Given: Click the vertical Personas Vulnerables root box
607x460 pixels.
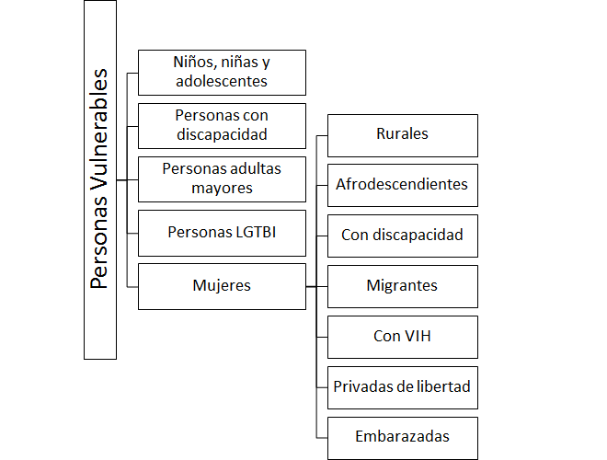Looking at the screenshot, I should pyautogui.click(x=100, y=179).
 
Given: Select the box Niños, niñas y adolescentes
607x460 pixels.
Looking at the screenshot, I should pyautogui.click(x=222, y=72).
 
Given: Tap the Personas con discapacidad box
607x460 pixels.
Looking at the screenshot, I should pyautogui.click(x=222, y=125).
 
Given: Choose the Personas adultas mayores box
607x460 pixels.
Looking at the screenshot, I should pyautogui.click(x=222, y=178).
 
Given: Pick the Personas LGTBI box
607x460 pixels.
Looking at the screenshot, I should pyautogui.click(x=222, y=232).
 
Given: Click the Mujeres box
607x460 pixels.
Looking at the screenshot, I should pyautogui.click(x=222, y=285).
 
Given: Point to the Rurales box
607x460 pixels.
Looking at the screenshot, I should pyautogui.click(x=402, y=134).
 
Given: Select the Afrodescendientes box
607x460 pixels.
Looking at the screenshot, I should pyautogui.click(x=402, y=184).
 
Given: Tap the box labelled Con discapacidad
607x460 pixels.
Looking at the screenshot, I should pyautogui.click(x=402, y=235).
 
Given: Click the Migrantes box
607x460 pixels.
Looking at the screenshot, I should pyautogui.click(x=402, y=285).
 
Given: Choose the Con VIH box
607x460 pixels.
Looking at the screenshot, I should pyautogui.click(x=402, y=336).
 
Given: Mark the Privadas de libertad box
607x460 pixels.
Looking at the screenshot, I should pyautogui.click(x=402, y=386).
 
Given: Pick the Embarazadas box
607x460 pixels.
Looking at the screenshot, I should pyautogui.click(x=402, y=436).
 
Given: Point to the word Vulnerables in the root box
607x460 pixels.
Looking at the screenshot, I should pyautogui.click(x=100, y=133).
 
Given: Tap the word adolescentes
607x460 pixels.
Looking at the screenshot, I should pyautogui.click(x=222, y=81).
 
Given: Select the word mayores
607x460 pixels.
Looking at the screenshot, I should pyautogui.click(x=222, y=189).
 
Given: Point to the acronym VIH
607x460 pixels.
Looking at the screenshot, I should pyautogui.click(x=417, y=336).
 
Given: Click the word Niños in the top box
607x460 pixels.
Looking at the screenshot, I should pyautogui.click(x=193, y=63).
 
